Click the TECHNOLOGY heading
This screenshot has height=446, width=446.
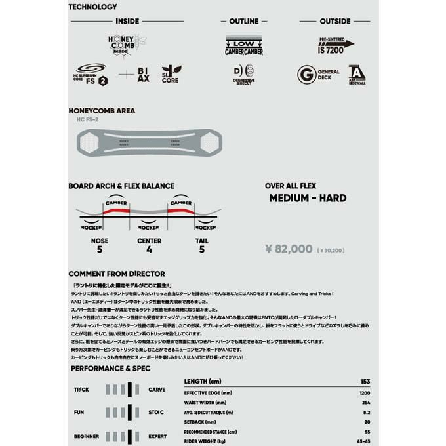click(x=92, y=7)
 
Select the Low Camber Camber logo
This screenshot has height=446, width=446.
click(x=244, y=45)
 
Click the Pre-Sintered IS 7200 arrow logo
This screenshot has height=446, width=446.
click(x=336, y=44)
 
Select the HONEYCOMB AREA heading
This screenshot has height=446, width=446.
click(x=102, y=111)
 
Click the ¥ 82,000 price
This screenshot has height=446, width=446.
click(x=289, y=249)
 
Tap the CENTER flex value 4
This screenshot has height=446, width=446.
click(x=150, y=250)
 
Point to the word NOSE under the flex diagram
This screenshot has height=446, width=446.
click(x=100, y=241)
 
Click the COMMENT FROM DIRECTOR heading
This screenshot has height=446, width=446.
click(x=117, y=274)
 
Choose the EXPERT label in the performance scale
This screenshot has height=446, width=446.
click(x=158, y=436)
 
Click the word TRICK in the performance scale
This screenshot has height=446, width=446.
click(x=81, y=390)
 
